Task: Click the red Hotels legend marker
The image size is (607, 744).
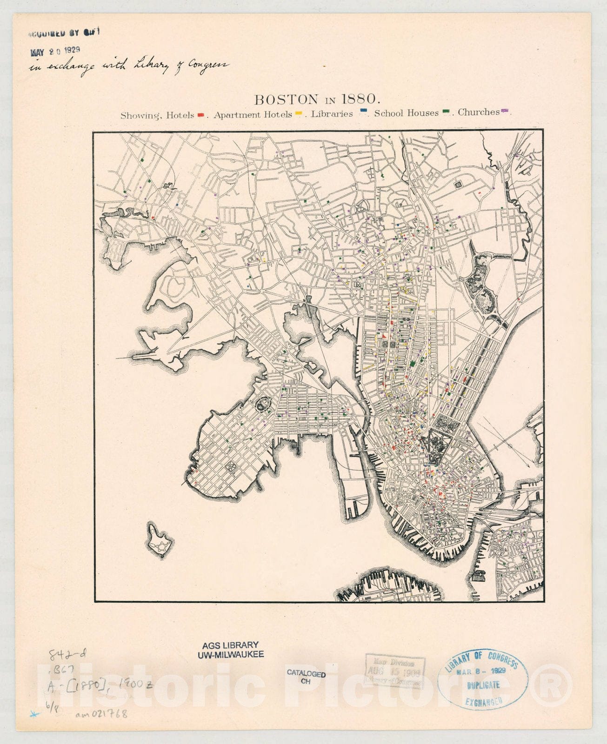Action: (201, 114)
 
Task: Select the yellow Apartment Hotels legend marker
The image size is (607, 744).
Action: (299, 113)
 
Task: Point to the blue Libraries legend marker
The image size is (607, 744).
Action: (364, 111)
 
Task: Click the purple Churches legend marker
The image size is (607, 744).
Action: (505, 111)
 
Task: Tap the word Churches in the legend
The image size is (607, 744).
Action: (478, 112)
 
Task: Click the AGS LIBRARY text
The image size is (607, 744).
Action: (230, 645)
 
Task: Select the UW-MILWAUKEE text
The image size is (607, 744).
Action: (230, 654)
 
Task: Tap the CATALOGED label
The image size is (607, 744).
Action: (306, 674)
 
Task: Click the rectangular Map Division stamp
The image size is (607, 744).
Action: (395, 671)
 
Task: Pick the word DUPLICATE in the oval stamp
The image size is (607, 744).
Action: (483, 685)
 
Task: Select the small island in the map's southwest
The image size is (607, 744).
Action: (160, 539)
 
